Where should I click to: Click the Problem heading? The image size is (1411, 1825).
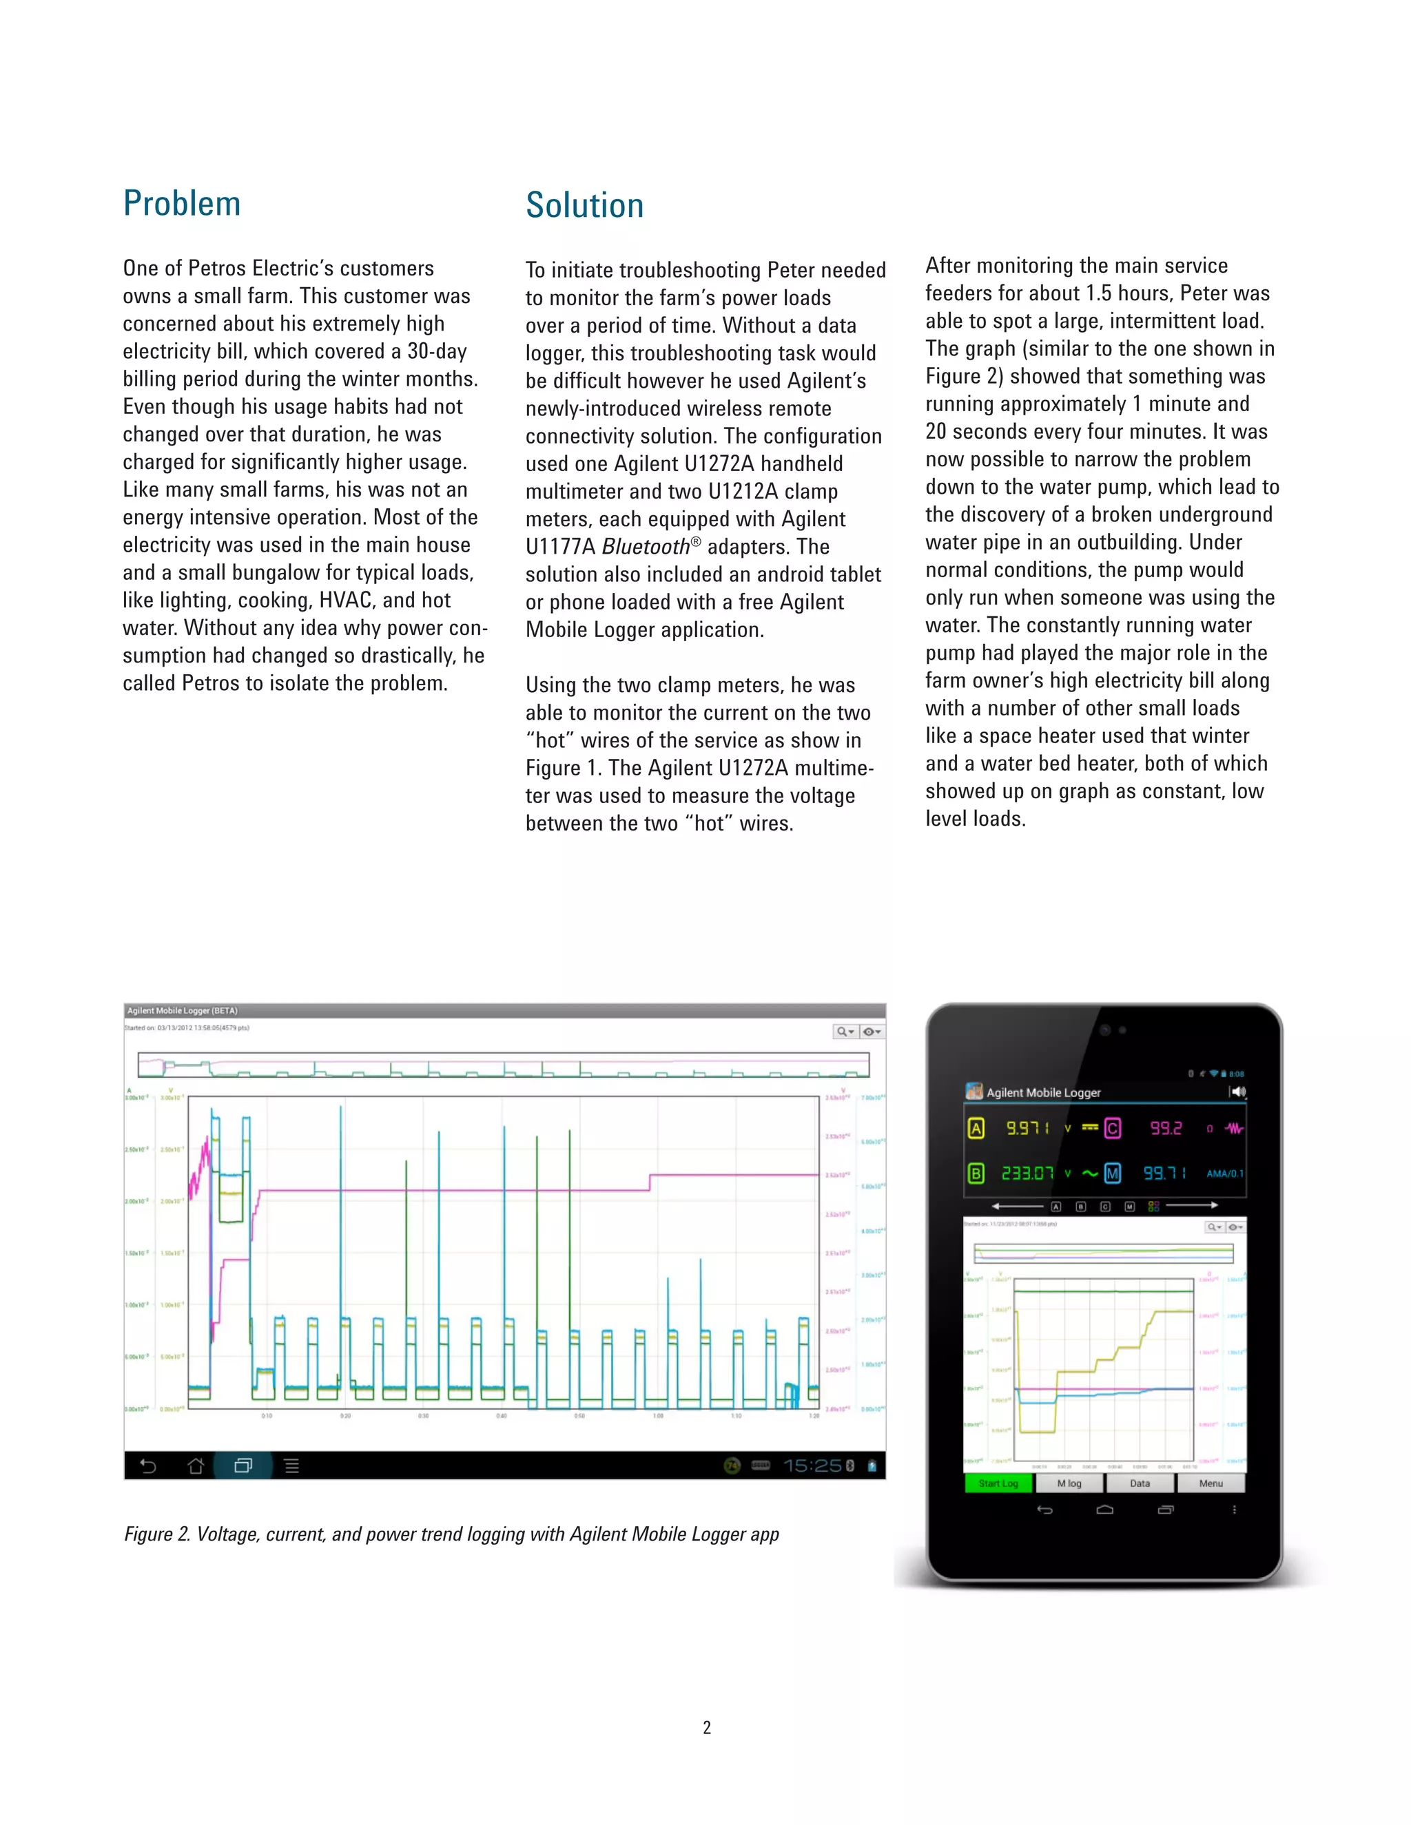(181, 204)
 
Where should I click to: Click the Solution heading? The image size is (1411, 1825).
(584, 205)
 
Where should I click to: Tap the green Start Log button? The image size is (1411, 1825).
(998, 1483)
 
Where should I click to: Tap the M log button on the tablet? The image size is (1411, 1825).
(1069, 1483)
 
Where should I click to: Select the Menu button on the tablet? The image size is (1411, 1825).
(1210, 1483)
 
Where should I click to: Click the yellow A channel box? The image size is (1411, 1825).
(976, 1128)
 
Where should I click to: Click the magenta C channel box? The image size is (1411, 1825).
(1113, 1128)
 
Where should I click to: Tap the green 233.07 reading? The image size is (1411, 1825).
(1027, 1174)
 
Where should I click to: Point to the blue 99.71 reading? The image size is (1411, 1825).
(1164, 1174)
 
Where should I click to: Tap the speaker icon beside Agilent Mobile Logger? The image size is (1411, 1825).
(1237, 1092)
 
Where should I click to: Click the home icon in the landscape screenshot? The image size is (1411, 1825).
(196, 1466)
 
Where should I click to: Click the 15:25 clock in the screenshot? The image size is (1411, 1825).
(811, 1466)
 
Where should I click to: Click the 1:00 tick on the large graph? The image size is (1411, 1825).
(658, 1415)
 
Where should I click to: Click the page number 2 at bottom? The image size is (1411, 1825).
(706, 1727)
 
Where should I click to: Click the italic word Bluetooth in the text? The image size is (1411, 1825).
(646, 547)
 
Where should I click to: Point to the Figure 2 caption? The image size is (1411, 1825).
(451, 1534)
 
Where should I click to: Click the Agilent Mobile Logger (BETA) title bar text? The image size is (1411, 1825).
(182, 1010)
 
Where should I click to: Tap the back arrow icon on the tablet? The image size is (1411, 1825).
(1044, 1510)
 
